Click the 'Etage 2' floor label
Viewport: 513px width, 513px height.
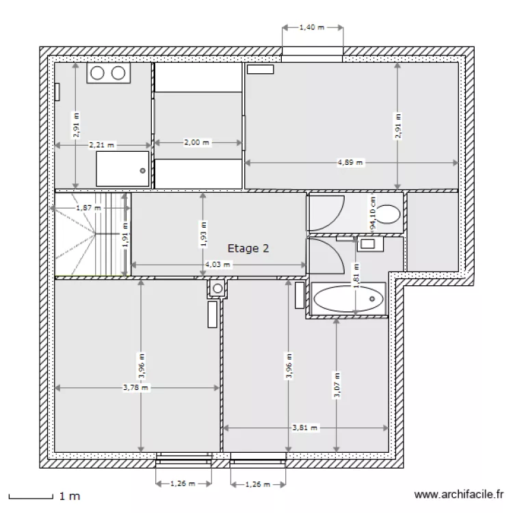248,249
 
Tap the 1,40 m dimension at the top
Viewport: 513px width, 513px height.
312,28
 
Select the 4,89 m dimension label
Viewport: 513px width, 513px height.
351,163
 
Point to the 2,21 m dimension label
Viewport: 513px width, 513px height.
102,145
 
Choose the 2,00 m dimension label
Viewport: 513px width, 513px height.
197,143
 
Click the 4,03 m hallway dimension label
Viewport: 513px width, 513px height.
218,265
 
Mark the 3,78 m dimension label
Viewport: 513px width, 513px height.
135,388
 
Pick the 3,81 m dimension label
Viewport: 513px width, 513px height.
305,428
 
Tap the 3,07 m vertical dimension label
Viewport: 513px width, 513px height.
337,386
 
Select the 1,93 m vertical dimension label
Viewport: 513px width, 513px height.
202,233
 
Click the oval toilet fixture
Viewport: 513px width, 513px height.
389,214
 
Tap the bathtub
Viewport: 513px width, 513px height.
349,298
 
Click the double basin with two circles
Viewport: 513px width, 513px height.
108,74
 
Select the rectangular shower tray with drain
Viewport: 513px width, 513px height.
122,168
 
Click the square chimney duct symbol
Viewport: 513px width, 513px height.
218,289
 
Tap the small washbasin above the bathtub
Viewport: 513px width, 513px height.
368,244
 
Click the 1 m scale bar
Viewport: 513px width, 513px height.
30,495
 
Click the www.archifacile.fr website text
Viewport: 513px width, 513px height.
459,495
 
